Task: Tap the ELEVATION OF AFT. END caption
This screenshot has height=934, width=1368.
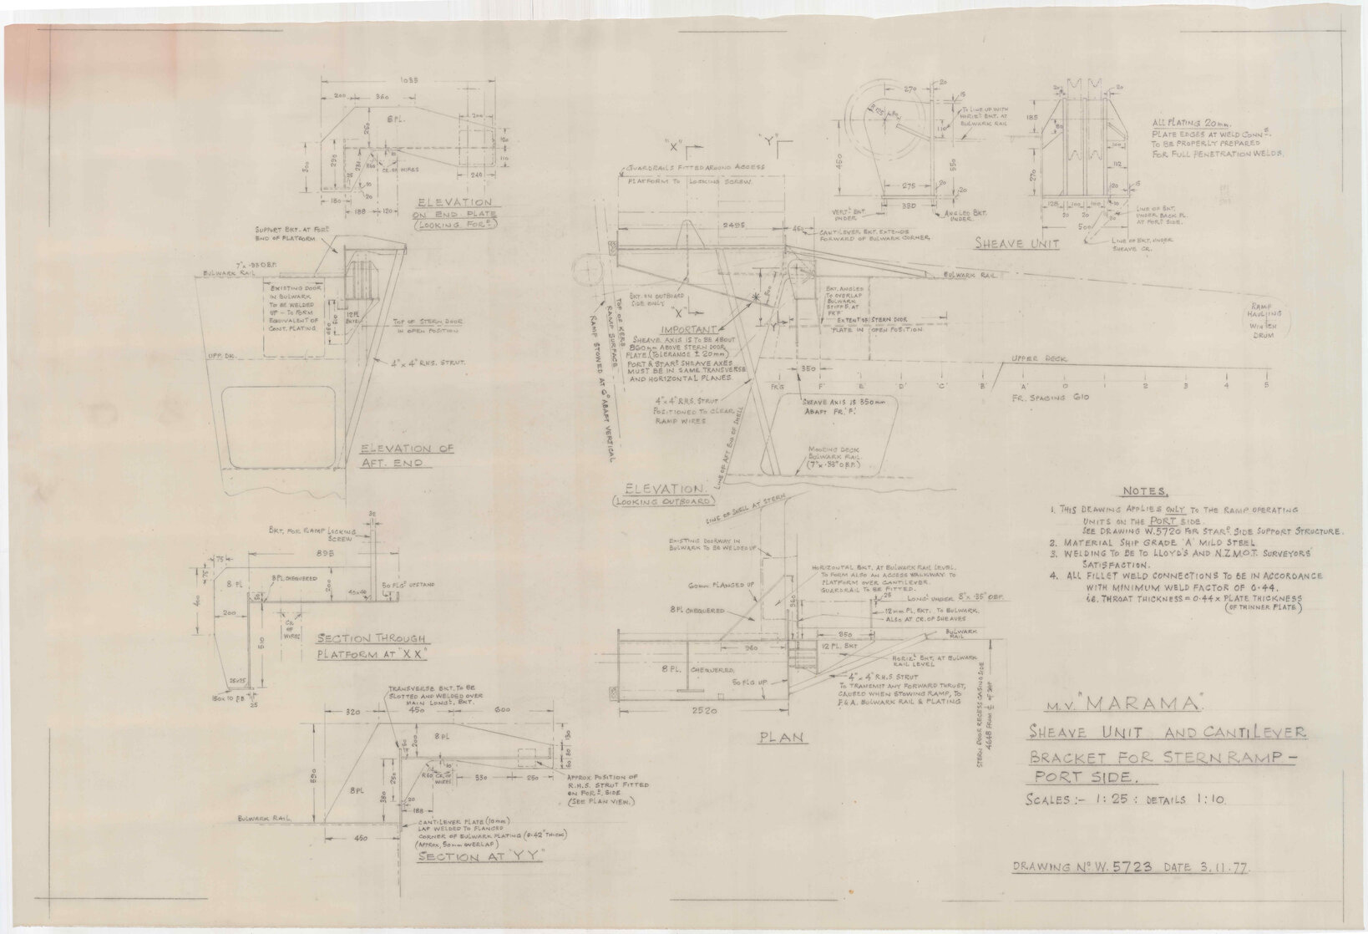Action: click(x=407, y=455)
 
